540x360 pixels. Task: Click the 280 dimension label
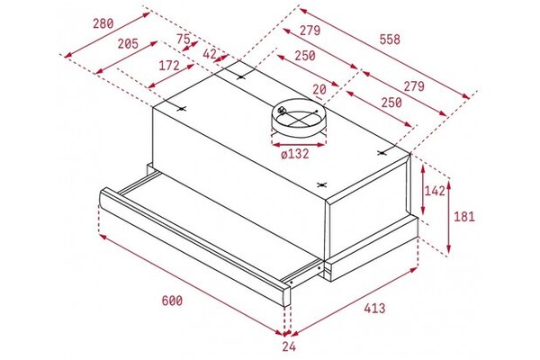(x=103, y=23)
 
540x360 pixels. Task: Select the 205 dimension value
(x=128, y=44)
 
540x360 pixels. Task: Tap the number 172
(x=169, y=65)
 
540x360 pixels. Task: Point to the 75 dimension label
(x=184, y=39)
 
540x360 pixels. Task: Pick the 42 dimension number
(x=210, y=54)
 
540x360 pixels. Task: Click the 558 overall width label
(x=390, y=40)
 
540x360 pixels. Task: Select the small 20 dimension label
(x=319, y=90)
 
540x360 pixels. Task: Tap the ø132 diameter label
(x=295, y=154)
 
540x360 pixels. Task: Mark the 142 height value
(x=435, y=191)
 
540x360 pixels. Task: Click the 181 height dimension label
(x=464, y=217)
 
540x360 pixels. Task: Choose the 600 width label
(x=172, y=301)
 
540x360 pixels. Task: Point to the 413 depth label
(x=374, y=308)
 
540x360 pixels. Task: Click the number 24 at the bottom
(x=289, y=346)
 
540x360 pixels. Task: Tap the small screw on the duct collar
(x=282, y=110)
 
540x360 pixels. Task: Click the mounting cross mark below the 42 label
(x=241, y=76)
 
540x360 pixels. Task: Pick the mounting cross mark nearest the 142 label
(x=381, y=153)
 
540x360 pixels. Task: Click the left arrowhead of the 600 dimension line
(x=103, y=237)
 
